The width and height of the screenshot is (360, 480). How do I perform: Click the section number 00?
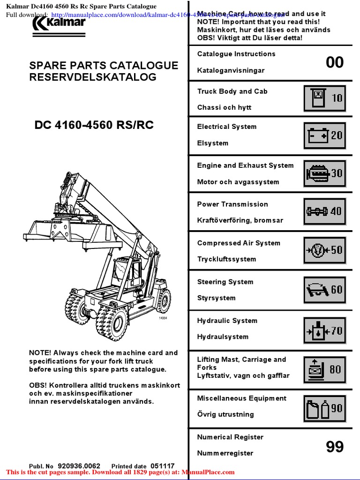(335, 62)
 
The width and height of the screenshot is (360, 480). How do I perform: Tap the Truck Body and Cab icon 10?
(325, 98)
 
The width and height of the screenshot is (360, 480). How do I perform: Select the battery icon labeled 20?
(325, 135)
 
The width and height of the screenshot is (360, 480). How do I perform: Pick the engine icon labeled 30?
(325, 173)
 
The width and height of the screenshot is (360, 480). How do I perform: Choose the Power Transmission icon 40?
(325, 211)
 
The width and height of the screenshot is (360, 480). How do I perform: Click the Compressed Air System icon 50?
(325, 250)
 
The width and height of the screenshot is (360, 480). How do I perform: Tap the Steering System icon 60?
(325, 289)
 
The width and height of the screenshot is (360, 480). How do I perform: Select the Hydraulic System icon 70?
(325, 330)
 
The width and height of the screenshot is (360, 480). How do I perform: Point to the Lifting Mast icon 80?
(325, 369)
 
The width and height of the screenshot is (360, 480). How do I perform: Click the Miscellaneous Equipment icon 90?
(325, 408)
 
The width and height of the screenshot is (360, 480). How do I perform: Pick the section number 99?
(335, 447)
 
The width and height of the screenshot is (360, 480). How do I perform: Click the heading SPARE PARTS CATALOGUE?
(104, 65)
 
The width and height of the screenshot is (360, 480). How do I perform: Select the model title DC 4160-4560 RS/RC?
(94, 125)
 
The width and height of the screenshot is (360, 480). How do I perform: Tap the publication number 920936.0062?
(79, 466)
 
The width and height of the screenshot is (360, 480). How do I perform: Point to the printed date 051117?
(162, 466)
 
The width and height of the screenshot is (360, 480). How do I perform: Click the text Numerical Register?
(230, 437)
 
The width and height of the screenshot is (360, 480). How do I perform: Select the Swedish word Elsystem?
(212, 143)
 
